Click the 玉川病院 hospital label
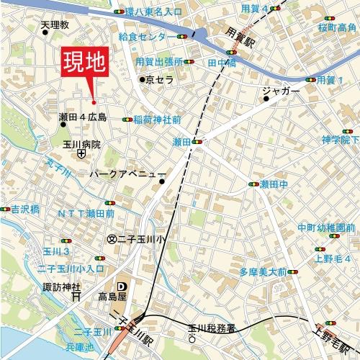[x=81, y=143]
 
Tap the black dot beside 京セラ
[x=143, y=79]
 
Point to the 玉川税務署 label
[x=212, y=328]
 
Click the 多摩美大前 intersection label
[x=258, y=272]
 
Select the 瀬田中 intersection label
[x=274, y=184]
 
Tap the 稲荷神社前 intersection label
[x=157, y=119]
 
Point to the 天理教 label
[x=55, y=25]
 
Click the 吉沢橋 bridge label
[x=24, y=210]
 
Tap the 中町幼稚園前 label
[x=325, y=228]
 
